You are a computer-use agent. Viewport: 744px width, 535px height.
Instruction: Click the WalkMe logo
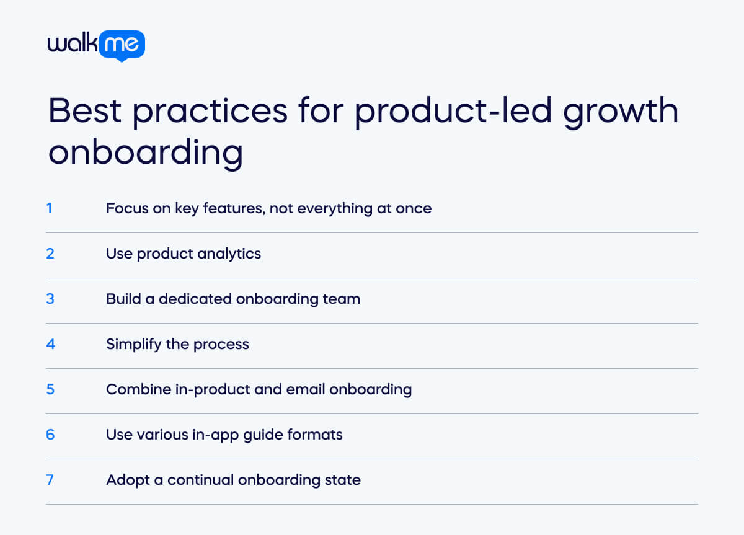pos(96,45)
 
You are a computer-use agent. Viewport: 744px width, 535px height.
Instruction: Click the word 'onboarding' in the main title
pos(145,153)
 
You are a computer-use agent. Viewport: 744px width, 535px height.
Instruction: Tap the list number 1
pos(50,209)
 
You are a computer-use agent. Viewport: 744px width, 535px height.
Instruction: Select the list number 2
pos(50,254)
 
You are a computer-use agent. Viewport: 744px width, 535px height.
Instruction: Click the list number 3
pos(50,299)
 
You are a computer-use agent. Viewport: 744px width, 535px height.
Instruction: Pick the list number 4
pos(50,345)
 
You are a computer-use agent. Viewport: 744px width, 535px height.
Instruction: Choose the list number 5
pos(50,390)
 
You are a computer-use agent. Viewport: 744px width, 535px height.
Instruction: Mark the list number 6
pos(50,435)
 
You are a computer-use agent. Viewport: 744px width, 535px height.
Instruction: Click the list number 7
pos(50,480)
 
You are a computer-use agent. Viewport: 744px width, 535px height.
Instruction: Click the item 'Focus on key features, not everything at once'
pos(268,209)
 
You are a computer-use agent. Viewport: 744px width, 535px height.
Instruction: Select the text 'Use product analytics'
pos(184,254)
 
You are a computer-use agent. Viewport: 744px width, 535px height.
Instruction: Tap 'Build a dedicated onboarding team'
pos(232,299)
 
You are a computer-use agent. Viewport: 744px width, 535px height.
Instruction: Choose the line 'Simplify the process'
pos(177,345)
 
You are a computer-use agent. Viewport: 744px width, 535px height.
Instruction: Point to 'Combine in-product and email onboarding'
pos(259,390)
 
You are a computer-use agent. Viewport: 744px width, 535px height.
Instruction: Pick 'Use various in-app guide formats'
pos(224,435)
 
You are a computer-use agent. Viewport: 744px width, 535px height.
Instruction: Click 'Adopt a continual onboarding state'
pos(233,480)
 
